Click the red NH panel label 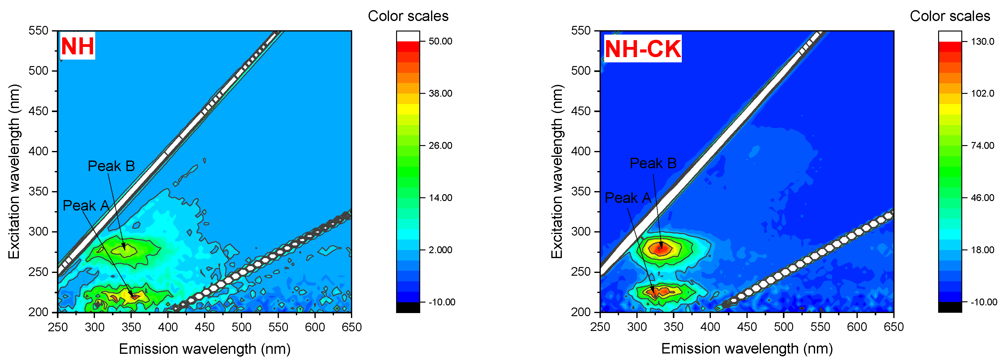[77, 46]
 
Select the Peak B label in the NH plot [111, 166]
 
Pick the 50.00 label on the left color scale [440, 41]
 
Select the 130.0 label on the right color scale [982, 41]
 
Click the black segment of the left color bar [408, 307]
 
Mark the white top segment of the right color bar [950, 36]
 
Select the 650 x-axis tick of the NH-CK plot [893, 327]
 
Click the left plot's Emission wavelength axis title [205, 349]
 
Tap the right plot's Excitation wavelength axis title [557, 171]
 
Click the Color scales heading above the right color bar [950, 16]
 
